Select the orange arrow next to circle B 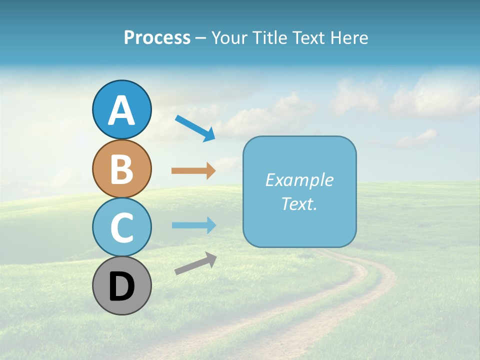193,171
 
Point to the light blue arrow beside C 193,225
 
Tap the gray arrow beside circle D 195,263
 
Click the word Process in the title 157,38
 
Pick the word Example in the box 299,180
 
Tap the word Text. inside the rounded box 299,203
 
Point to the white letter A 121,111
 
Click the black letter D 121,287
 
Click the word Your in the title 229,38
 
